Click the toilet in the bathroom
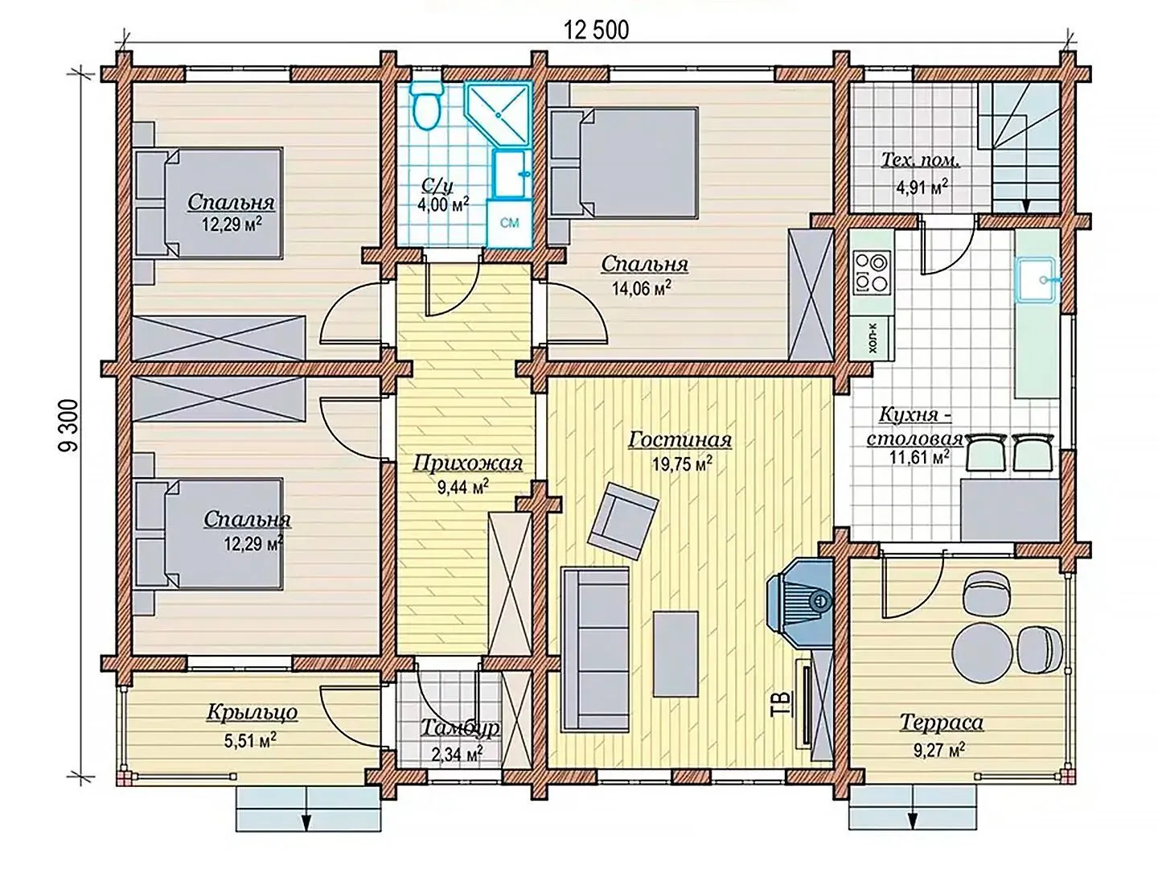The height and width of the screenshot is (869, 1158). click(x=425, y=105)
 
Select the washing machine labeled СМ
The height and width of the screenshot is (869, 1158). click(x=509, y=223)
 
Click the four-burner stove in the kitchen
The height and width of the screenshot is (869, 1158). click(x=871, y=272)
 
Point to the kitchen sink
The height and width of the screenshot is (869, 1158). click(x=1037, y=280)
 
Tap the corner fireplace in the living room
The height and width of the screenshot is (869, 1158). click(x=800, y=607)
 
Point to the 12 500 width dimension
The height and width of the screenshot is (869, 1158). click(x=597, y=31)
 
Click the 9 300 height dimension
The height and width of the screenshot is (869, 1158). click(x=69, y=426)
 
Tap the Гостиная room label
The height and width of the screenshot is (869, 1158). click(x=680, y=440)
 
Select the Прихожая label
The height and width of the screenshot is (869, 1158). click(x=467, y=463)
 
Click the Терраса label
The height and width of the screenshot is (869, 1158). click(x=941, y=723)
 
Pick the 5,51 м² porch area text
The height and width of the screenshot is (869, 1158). click(x=250, y=741)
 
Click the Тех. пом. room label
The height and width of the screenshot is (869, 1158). click(x=921, y=160)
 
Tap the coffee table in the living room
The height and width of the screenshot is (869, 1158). click(x=675, y=653)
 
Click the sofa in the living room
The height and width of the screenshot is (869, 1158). click(x=595, y=649)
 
